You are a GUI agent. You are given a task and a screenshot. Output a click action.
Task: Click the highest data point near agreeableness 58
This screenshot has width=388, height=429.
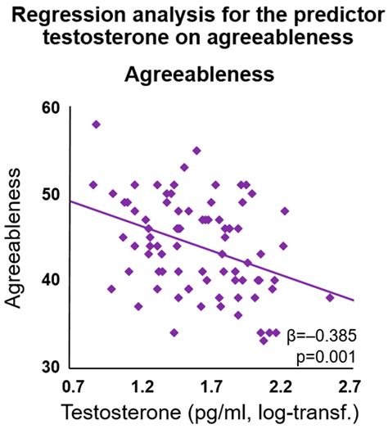pos(96,124)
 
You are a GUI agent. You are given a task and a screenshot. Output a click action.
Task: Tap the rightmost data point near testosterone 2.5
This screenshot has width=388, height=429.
pos(330,297)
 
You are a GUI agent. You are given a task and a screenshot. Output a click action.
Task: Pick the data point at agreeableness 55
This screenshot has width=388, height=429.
pos(196,151)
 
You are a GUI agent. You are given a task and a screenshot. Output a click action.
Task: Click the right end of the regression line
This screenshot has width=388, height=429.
pos(352,300)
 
